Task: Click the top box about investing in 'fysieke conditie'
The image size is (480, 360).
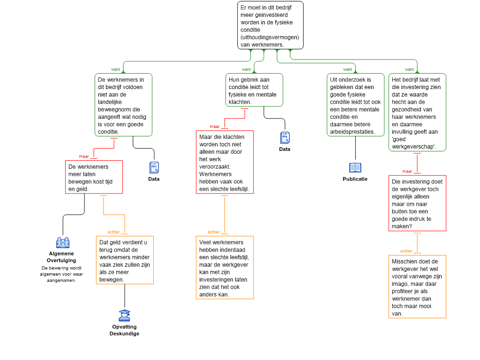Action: click(270, 25)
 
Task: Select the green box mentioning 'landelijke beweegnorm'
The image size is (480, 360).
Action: click(123, 105)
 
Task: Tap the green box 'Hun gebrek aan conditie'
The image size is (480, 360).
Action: click(254, 90)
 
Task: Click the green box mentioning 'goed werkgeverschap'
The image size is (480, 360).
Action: click(417, 112)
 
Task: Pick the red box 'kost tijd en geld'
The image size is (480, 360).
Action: click(94, 177)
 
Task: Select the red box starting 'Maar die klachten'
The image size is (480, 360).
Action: click(225, 162)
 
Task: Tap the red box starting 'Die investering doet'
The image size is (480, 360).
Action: click(417, 203)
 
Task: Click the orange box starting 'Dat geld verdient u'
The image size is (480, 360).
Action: click(124, 260)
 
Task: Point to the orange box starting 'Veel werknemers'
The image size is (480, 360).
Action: click(225, 267)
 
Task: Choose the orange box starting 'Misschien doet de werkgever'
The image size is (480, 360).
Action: click(417, 286)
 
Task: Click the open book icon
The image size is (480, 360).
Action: click(355, 167)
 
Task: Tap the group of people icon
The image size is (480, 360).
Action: click(63, 242)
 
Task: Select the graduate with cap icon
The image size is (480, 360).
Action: click(124, 315)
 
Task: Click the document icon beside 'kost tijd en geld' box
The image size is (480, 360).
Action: click(154, 167)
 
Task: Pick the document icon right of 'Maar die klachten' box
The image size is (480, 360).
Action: click(285, 137)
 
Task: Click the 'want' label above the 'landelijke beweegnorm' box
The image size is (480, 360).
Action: click(115, 69)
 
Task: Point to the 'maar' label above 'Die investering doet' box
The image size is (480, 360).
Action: click(407, 171)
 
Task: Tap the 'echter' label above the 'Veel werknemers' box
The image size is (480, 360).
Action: click(214, 232)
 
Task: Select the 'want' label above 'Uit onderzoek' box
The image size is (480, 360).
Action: click(348, 69)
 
